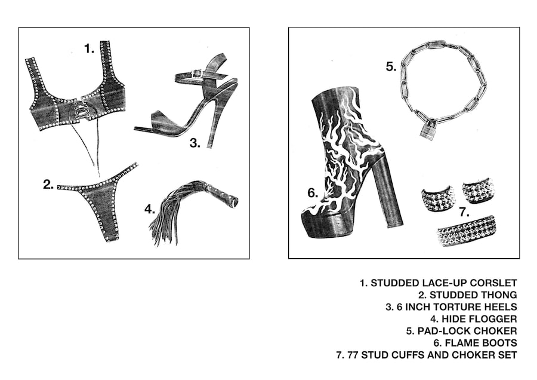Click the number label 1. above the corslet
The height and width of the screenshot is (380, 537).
(89, 49)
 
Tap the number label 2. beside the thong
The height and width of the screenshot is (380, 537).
(48, 184)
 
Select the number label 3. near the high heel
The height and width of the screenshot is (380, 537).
(195, 142)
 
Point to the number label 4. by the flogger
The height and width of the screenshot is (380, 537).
(150, 210)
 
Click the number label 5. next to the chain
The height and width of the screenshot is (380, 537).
(391, 66)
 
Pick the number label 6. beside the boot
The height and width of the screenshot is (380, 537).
(312, 192)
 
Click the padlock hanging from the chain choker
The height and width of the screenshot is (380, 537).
(427, 130)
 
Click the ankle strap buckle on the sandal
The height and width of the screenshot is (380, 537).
(195, 74)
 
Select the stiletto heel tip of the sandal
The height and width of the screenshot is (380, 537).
(209, 145)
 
